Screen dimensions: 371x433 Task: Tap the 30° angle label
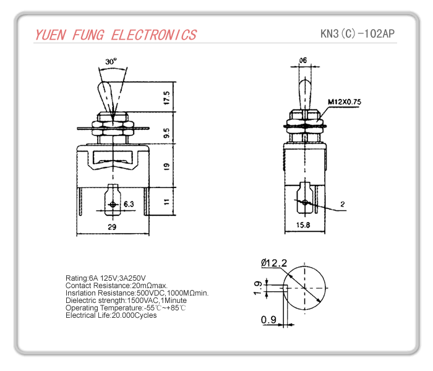pos(111,62)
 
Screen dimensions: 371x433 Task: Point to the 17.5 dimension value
pos(166,97)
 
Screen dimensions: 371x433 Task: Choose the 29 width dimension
pos(113,228)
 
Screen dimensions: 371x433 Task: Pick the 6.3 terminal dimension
pos(129,203)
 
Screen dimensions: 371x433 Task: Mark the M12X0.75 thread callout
pos(345,101)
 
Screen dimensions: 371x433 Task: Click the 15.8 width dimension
pos(303,224)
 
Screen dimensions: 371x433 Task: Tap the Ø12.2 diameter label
pos(274,263)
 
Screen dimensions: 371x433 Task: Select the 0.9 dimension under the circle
pos(268,319)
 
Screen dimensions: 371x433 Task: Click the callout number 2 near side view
pos(342,203)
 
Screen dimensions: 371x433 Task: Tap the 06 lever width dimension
pos(302,60)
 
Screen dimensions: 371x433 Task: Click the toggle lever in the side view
pos(303,93)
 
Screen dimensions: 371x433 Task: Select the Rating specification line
pos(105,278)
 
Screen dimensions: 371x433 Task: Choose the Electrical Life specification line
pos(111,315)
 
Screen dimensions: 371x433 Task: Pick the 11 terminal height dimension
pos(166,201)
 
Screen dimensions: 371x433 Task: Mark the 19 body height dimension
pos(166,166)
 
